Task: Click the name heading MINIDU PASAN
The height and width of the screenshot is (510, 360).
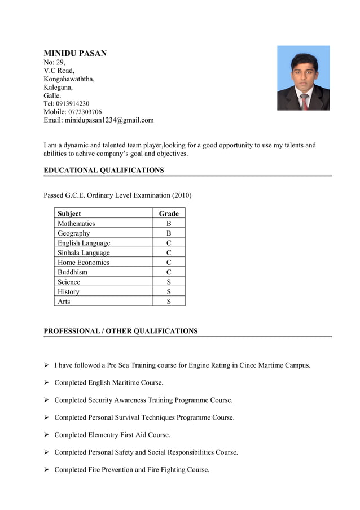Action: click(x=75, y=53)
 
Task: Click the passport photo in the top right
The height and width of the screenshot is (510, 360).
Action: click(x=303, y=78)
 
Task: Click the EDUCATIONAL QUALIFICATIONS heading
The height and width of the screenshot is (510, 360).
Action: click(x=104, y=170)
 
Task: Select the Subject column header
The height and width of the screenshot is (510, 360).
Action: click(x=69, y=213)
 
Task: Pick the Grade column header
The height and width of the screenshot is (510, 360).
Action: click(x=169, y=213)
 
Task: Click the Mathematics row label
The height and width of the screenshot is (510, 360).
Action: click(x=76, y=224)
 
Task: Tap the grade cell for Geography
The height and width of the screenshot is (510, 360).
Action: click(x=169, y=233)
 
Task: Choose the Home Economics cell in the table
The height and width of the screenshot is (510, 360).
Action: click(x=84, y=263)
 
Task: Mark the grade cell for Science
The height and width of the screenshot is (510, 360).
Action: click(x=169, y=282)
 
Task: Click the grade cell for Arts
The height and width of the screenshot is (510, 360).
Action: click(x=169, y=302)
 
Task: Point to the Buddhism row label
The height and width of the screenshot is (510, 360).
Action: click(x=72, y=272)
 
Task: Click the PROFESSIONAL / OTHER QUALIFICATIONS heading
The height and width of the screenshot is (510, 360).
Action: click(x=121, y=331)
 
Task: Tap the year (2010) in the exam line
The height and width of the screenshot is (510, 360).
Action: click(x=182, y=195)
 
